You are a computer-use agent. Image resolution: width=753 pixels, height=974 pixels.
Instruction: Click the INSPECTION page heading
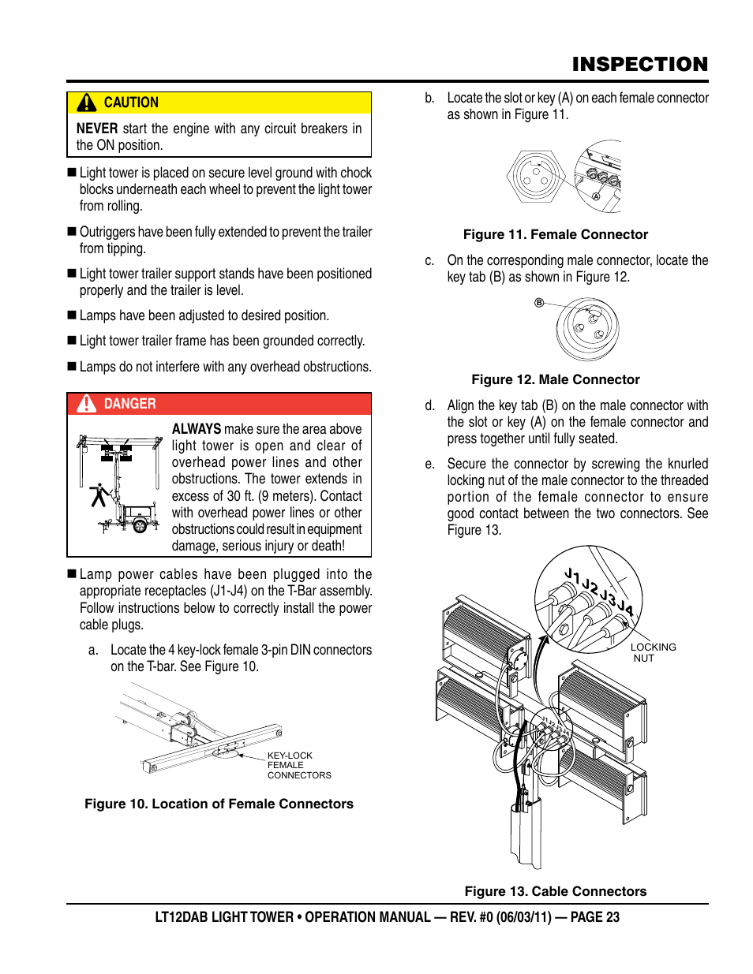click(x=639, y=64)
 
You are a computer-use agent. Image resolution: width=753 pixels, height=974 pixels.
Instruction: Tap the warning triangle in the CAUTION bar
click(x=86, y=103)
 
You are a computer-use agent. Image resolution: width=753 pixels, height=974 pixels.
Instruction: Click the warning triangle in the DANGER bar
click(x=86, y=404)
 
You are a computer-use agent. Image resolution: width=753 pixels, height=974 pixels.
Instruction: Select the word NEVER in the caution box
click(x=97, y=129)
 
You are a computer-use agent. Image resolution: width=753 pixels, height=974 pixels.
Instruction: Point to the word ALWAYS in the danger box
click(x=197, y=429)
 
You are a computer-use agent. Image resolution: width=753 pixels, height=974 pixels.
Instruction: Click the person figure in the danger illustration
click(x=99, y=495)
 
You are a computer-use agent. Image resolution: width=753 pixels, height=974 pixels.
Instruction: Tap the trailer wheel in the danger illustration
click(x=140, y=525)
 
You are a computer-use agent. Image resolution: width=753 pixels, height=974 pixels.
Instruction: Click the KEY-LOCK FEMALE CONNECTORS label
click(x=298, y=765)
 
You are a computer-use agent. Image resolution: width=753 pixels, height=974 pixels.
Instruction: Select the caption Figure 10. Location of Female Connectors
click(x=219, y=804)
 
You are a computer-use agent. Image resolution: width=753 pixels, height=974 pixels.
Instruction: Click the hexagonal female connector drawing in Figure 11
click(x=536, y=176)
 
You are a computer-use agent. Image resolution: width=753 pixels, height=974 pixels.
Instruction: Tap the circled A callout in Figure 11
click(x=596, y=196)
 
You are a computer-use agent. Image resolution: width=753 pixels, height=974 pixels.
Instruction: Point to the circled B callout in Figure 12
click(x=539, y=303)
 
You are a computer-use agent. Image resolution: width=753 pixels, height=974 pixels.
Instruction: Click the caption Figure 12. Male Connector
click(x=556, y=379)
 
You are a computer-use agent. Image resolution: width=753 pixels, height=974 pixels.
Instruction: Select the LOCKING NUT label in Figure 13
click(x=653, y=652)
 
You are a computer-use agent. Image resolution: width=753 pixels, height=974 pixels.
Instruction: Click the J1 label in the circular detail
click(x=572, y=575)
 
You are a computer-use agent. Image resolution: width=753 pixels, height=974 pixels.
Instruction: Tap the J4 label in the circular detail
click(x=625, y=607)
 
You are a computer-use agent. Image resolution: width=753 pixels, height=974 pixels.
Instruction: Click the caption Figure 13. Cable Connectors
click(x=555, y=891)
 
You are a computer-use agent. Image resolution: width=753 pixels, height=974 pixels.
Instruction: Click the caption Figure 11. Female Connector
click(x=555, y=234)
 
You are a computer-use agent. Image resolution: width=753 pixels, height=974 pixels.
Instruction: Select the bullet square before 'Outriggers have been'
click(x=72, y=232)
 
